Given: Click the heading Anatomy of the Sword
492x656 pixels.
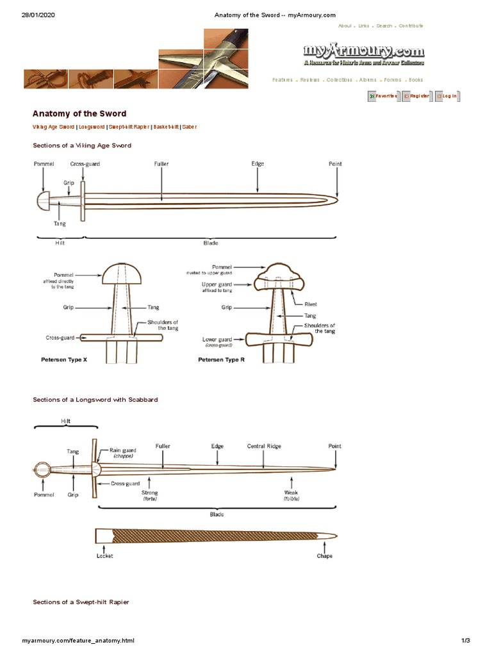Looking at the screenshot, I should pyautogui.click(x=79, y=113).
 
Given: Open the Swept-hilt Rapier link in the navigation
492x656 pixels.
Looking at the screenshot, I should pyautogui.click(x=128, y=127).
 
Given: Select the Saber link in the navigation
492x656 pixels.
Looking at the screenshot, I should pyautogui.click(x=189, y=127).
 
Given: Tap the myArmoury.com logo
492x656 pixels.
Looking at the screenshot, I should pyautogui.click(x=364, y=52).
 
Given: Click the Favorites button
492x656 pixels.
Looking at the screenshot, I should pyautogui.click(x=382, y=96).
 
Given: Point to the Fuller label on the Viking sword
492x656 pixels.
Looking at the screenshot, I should pyautogui.click(x=161, y=164).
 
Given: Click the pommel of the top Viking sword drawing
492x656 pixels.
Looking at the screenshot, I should pyautogui.click(x=42, y=201).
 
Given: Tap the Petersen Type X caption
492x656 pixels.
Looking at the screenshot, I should pyautogui.click(x=64, y=360).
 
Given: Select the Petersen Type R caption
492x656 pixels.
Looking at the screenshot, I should pyautogui.click(x=222, y=360).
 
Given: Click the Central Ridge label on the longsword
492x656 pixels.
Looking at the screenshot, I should pyautogui.click(x=264, y=446).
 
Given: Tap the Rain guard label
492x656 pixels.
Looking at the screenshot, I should pyautogui.click(x=122, y=450).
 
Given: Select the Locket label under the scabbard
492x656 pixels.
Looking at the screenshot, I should pyautogui.click(x=104, y=555).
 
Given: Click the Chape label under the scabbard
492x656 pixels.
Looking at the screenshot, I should pyautogui.click(x=325, y=555).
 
